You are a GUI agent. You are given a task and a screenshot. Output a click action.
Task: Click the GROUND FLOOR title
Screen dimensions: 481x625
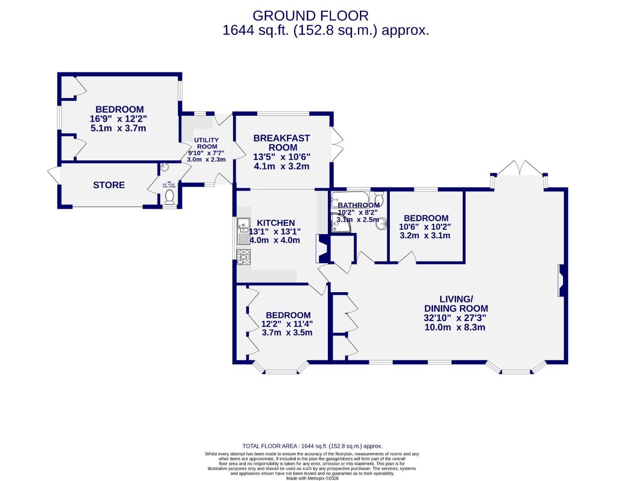pyautogui.click(x=310, y=16)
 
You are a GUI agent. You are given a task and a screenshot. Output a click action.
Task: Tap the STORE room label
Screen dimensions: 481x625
pyautogui.click(x=109, y=185)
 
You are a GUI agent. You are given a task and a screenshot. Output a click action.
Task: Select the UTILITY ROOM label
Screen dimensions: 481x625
pyautogui.click(x=207, y=143)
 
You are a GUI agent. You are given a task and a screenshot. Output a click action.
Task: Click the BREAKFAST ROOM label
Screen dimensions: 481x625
pyautogui.click(x=282, y=143)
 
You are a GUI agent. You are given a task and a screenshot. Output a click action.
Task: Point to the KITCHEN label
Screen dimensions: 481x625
pyautogui.click(x=276, y=223)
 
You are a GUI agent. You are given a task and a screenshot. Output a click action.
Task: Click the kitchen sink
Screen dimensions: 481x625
pyautogui.click(x=244, y=231)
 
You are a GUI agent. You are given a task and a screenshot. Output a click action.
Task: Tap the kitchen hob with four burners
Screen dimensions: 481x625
pyautogui.click(x=244, y=257)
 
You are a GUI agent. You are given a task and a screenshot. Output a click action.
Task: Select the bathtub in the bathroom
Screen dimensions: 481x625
pyautogui.click(x=350, y=197)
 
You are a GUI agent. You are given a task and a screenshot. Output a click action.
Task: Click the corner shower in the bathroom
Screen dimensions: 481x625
pyautogui.click(x=339, y=223)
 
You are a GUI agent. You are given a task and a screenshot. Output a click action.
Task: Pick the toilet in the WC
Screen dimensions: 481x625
pyautogui.click(x=169, y=196)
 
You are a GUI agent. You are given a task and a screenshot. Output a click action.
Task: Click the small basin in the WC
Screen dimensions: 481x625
pyautogui.click(x=164, y=167)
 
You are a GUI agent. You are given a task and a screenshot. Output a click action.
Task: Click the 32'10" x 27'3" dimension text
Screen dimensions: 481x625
pyautogui.click(x=455, y=318)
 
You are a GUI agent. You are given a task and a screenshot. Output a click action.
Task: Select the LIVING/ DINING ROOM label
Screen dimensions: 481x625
pyautogui.click(x=456, y=304)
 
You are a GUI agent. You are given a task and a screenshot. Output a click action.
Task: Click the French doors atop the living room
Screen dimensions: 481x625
pyautogui.click(x=519, y=169)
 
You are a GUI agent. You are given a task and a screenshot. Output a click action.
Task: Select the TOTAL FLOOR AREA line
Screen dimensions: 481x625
pyautogui.click(x=312, y=446)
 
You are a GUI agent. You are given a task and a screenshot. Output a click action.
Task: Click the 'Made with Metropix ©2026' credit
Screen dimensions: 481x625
pyautogui.click(x=312, y=478)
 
